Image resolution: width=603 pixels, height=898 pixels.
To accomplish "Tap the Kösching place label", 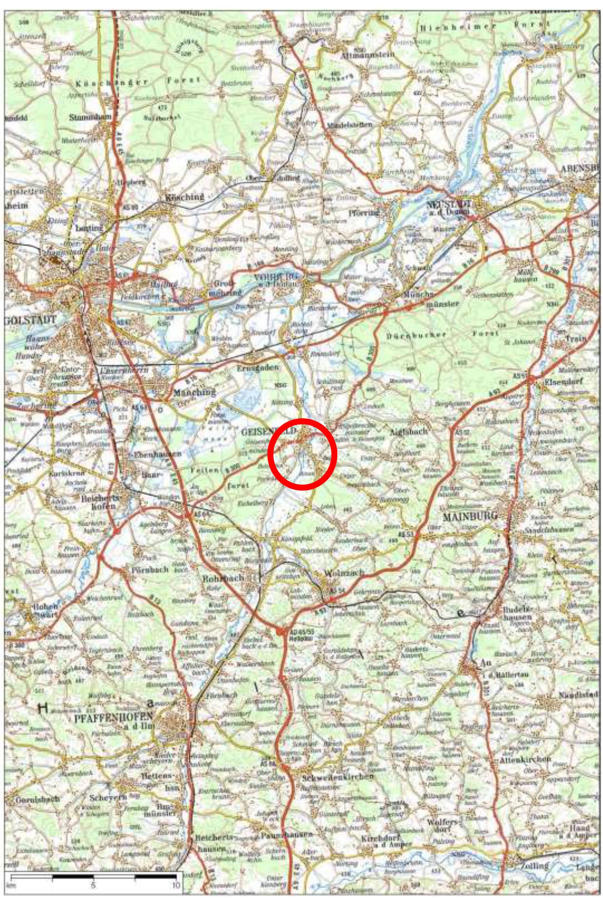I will point(184,198).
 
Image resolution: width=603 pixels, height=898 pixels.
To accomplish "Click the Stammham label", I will point(90,117).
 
